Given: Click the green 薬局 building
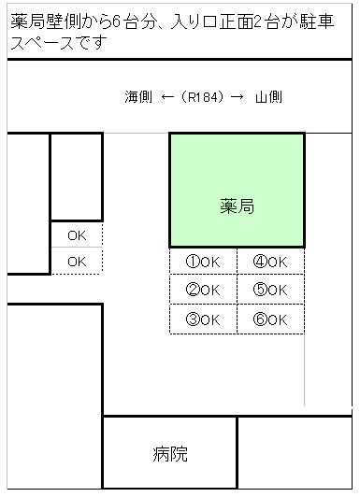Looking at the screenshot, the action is pos(236,190).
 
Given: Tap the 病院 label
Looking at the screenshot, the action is pos(170,455).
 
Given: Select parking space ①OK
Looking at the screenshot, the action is pos(203,262).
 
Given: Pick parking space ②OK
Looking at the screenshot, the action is pos(203,290).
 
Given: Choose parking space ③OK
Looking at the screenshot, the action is pos(203,319).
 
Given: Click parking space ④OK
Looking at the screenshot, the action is pos(270,262).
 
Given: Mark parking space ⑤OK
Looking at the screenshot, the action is pos(270,290).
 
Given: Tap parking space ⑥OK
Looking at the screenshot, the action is pos(270,319).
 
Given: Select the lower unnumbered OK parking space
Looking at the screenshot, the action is pos(77,262).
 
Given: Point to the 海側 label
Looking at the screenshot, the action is pos(138,96).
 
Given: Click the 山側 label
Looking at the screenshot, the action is pos(268,96).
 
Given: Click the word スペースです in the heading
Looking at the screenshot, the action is pos(58,42).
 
